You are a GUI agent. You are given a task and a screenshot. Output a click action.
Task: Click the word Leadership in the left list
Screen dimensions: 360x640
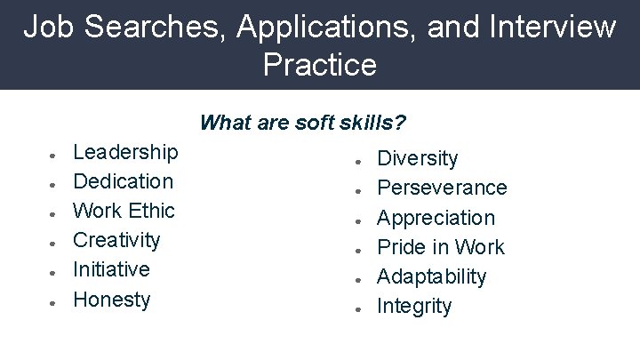[125, 152]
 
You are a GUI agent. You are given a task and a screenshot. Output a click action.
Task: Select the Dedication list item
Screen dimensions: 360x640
[123, 181]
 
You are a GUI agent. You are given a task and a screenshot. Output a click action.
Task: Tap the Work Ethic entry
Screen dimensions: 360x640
[124, 211]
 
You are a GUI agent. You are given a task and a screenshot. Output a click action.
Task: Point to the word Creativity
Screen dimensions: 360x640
[116, 240]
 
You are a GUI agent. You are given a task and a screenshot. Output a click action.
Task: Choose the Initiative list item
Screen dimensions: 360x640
[111, 269]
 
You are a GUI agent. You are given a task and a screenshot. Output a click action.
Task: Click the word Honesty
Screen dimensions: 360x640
[112, 300]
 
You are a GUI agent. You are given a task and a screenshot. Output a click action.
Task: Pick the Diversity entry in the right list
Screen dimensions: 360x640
[418, 159]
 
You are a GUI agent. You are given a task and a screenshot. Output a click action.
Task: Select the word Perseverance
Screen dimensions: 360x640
[442, 188]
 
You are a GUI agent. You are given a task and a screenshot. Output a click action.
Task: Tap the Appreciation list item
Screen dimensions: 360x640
[436, 218]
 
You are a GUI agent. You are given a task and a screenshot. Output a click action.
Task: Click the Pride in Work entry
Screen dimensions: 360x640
[441, 247]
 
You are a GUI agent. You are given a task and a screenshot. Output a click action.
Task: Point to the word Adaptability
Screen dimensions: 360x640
[432, 276]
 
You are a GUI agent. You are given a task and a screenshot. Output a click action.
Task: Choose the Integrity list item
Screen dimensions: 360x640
[414, 307]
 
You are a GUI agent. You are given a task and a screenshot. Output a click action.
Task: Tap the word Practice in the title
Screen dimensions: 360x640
[320, 65]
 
